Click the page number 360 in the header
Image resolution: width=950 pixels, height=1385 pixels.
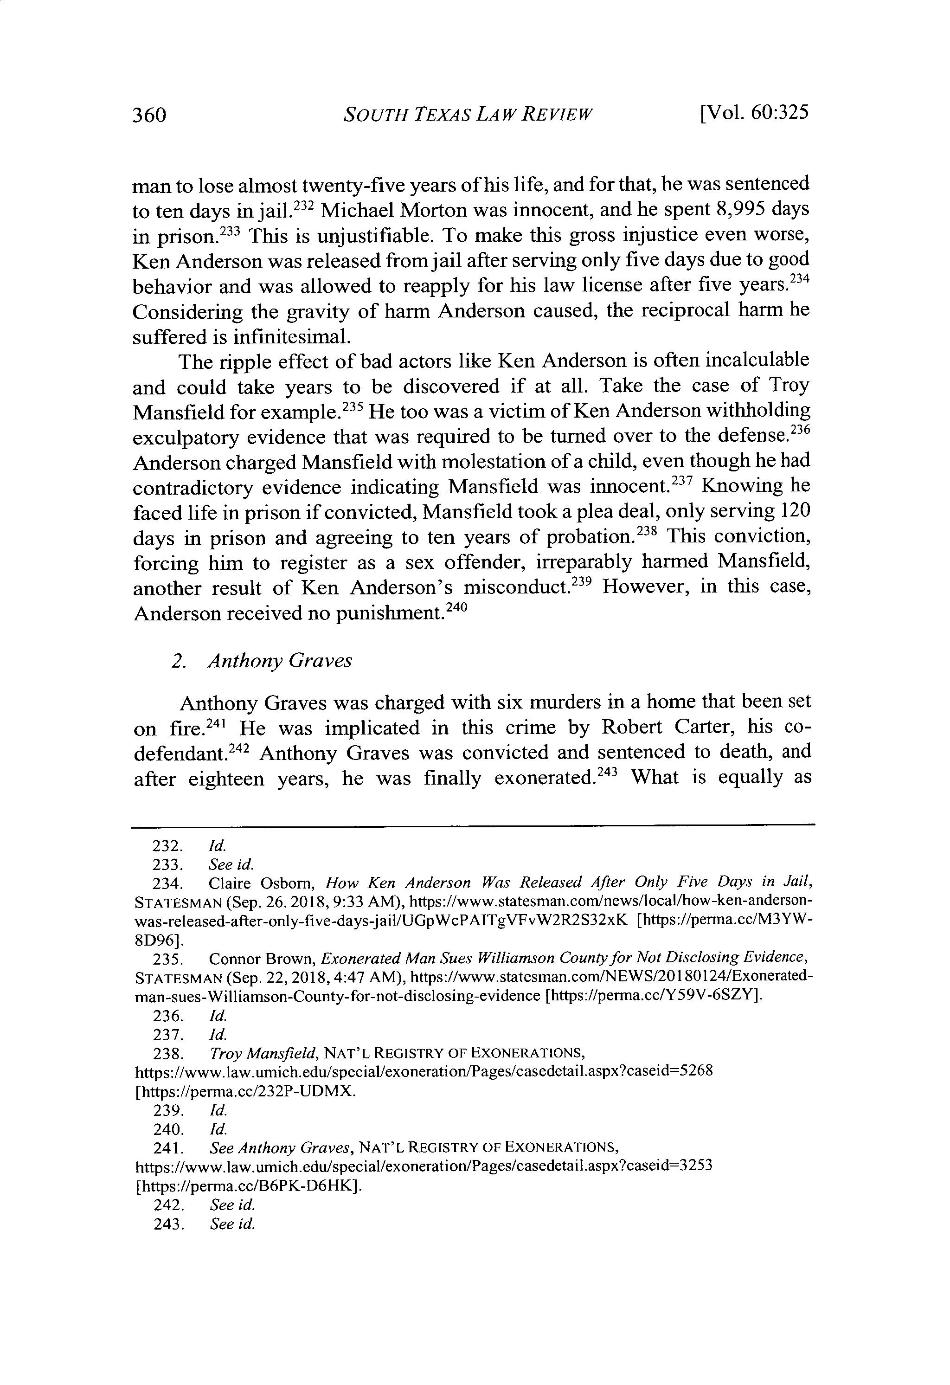click(148, 115)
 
